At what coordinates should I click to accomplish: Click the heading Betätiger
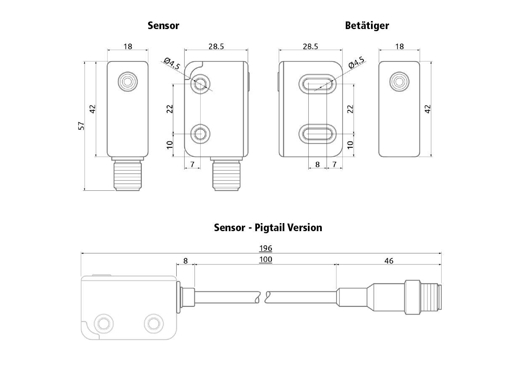(367, 25)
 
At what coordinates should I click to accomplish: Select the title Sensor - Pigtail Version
(268, 228)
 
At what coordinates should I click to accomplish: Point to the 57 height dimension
(82, 125)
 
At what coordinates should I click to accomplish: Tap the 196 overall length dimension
(265, 248)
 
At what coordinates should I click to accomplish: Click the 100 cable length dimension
(265, 259)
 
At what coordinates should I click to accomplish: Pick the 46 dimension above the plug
(389, 261)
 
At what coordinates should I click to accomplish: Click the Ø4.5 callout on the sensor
(172, 64)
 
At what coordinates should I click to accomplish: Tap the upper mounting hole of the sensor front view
(200, 84)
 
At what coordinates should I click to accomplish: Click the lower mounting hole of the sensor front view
(200, 134)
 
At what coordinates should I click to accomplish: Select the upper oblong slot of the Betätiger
(318, 84)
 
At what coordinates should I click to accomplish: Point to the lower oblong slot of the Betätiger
(318, 134)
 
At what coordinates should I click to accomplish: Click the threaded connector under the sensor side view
(128, 176)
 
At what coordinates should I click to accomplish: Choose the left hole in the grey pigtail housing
(103, 323)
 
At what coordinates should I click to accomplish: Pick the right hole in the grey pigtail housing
(153, 323)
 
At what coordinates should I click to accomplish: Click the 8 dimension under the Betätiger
(317, 165)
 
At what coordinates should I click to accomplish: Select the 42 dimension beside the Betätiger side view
(428, 109)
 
